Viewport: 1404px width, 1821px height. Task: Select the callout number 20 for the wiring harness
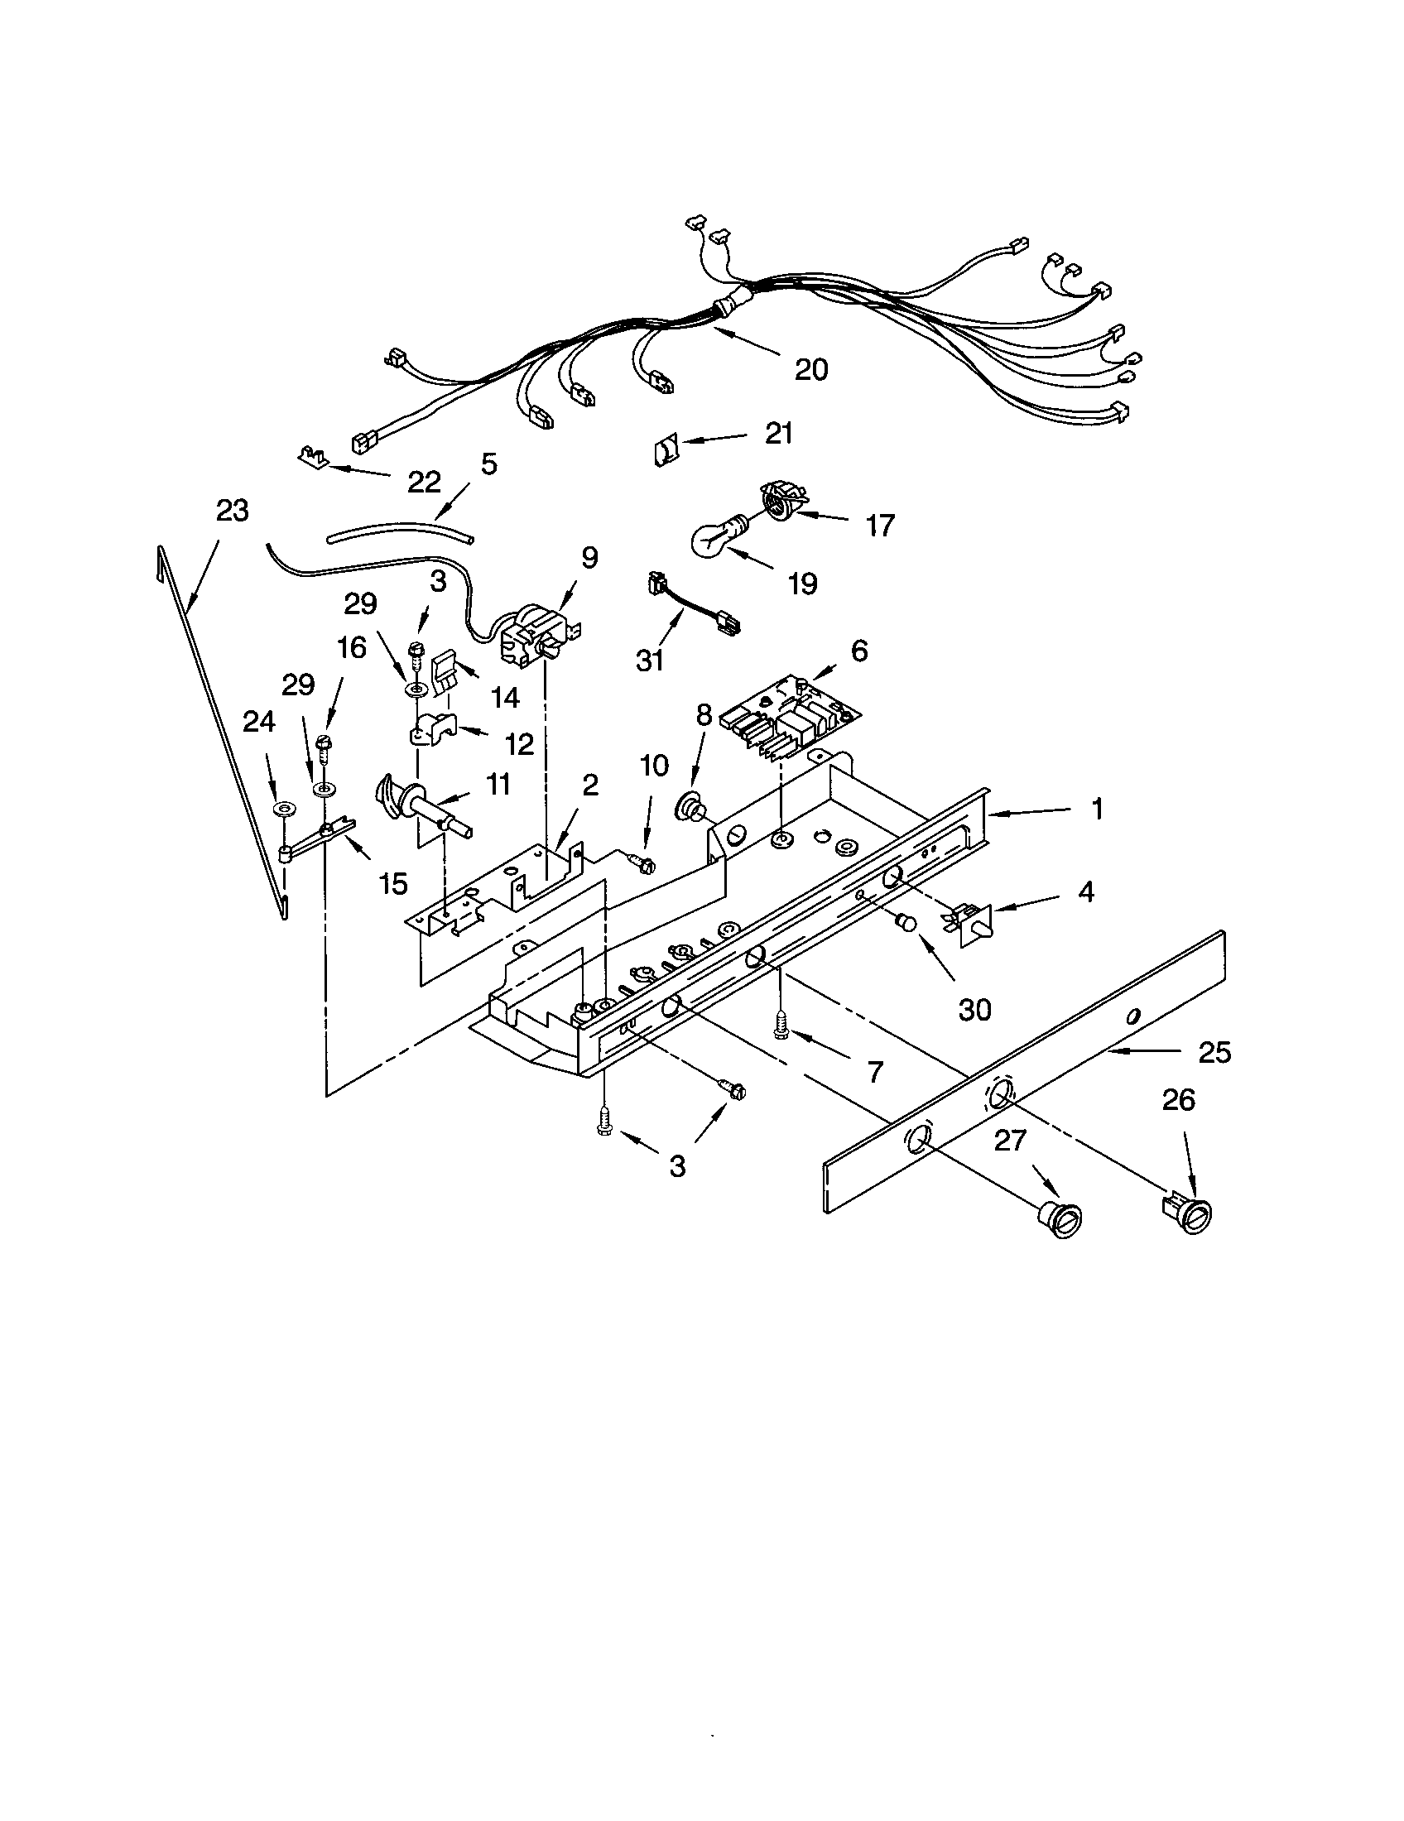[810, 369]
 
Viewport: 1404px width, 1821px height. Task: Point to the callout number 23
[232, 510]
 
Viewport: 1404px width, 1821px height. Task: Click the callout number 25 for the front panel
[1214, 1053]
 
